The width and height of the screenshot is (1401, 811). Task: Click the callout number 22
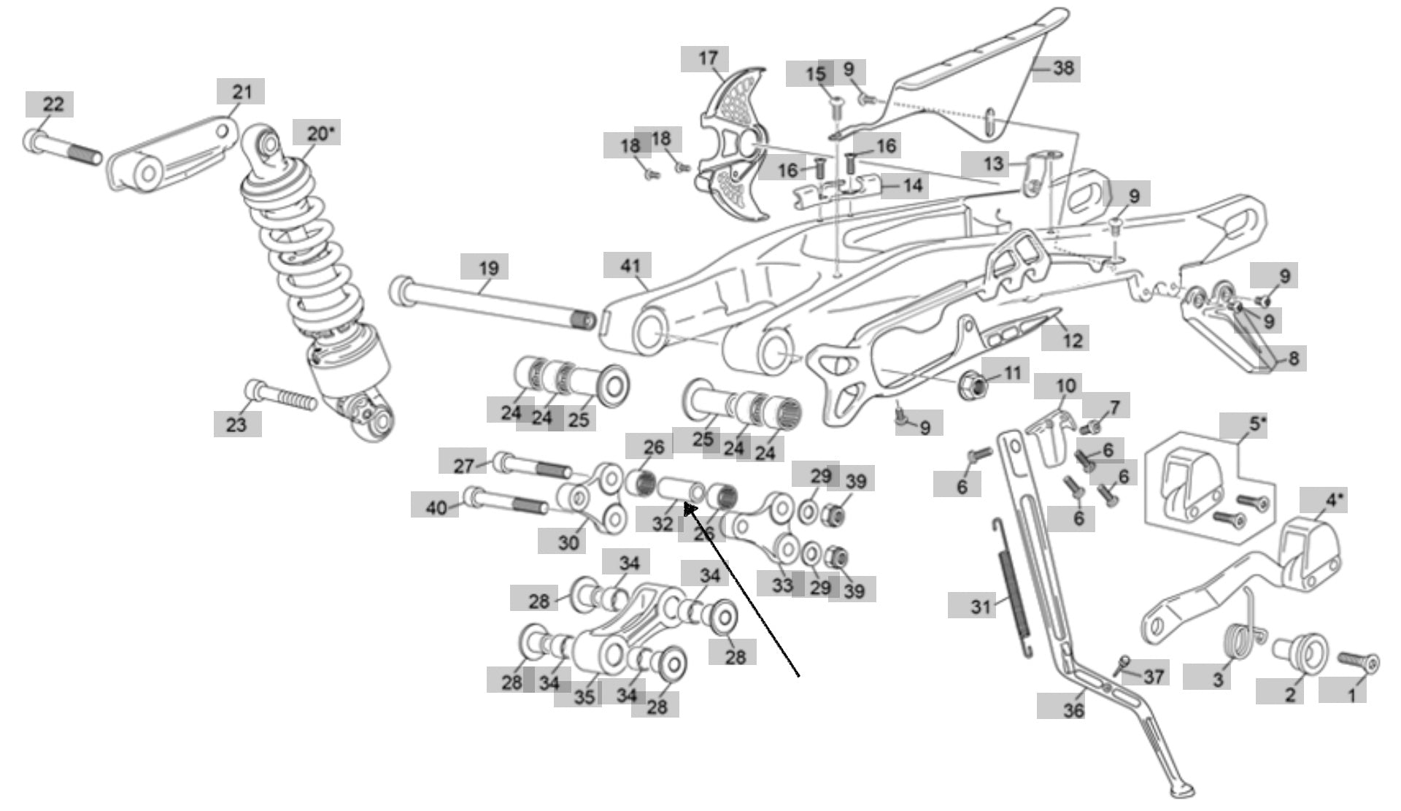pos(53,104)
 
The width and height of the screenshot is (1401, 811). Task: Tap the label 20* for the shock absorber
pos(317,134)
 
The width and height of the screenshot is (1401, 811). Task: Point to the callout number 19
pos(488,268)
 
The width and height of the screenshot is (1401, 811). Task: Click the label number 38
pos(1063,69)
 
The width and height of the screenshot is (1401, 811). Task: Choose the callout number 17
pos(708,58)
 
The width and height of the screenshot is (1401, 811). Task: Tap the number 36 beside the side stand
pos(1073,710)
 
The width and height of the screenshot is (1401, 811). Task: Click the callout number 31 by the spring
pos(981,606)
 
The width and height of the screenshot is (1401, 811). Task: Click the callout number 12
pos(1072,339)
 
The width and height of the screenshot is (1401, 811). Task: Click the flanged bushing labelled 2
pos(1299,649)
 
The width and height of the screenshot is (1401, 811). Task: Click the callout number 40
pos(436,507)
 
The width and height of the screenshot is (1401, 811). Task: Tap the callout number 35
pos(584,696)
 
